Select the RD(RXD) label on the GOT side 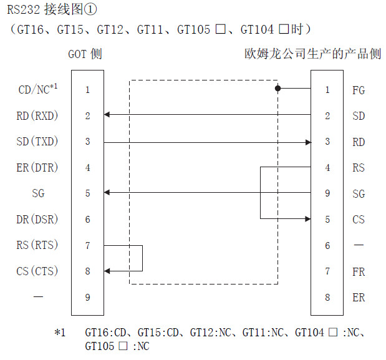coord(37,115)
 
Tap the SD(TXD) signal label coord(37,142)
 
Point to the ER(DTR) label coord(37,168)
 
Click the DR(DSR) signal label coord(37,219)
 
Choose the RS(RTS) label coord(37,245)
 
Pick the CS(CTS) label coord(37,271)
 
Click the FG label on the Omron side coord(359,90)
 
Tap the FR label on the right coord(359,271)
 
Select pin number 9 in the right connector coord(328,193)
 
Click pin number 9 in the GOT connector coord(88,297)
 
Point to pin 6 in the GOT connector coord(88,219)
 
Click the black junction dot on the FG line coord(278,89)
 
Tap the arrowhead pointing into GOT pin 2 coord(107,115)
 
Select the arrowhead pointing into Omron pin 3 coord(307,142)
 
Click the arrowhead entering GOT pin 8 coord(107,271)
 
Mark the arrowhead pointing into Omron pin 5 coord(307,219)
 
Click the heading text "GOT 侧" coord(85,54)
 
